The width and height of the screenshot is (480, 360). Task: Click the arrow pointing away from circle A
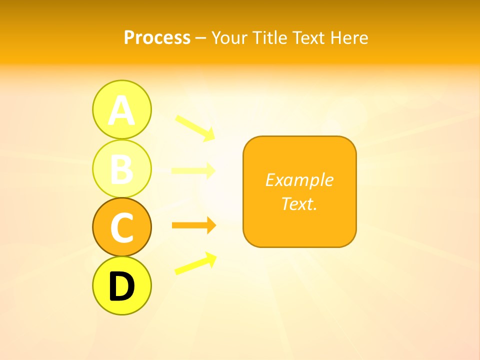pos(195,127)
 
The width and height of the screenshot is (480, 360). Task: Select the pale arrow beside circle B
pos(193,170)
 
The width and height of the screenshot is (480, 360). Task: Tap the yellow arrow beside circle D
pos(195,264)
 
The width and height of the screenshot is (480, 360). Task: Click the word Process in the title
pos(157,38)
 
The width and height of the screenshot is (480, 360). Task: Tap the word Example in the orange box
pos(299,180)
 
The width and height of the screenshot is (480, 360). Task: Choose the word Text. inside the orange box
pos(299,203)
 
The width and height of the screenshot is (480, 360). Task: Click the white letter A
pos(121,111)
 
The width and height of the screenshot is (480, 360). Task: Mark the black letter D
pos(121,286)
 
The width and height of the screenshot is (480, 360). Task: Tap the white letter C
pos(121,227)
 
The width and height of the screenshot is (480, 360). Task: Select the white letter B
pos(121,169)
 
